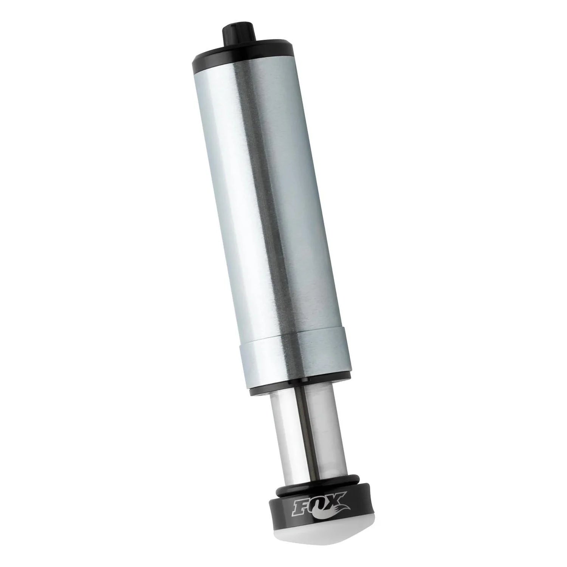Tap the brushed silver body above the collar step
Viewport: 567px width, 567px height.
tap(268, 197)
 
